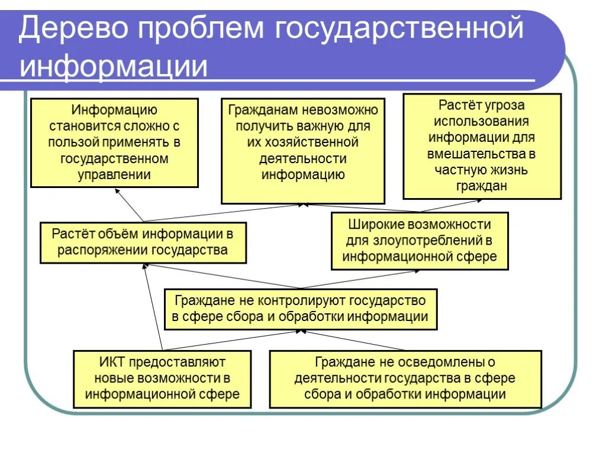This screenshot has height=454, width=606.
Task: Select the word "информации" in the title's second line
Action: tap(114, 66)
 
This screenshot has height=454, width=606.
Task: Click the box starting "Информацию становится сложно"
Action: tap(114, 142)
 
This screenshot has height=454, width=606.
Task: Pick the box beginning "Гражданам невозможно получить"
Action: tap(303, 151)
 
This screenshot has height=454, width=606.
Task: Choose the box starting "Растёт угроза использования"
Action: tap(482, 145)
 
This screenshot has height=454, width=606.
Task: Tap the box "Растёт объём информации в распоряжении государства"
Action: tap(143, 242)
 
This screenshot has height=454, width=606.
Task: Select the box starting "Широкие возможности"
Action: tap(420, 241)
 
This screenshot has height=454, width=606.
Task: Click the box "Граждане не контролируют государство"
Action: tap(300, 309)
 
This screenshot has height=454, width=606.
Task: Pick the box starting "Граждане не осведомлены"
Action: tap(405, 378)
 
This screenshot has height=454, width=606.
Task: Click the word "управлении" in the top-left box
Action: tap(114, 175)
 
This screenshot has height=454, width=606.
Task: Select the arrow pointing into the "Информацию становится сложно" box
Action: tap(129, 205)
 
